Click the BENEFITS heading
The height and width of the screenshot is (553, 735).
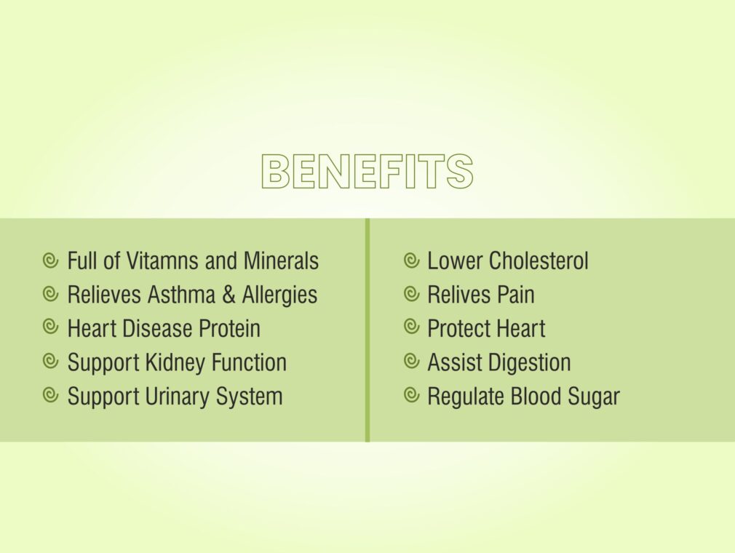[x=367, y=172]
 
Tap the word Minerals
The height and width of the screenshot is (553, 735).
[x=281, y=260]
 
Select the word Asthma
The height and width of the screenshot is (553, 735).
[x=181, y=295]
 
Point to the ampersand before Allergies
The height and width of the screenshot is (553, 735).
[x=229, y=295]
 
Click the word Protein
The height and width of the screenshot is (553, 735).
[x=230, y=328]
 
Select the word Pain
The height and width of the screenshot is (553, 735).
[x=516, y=295]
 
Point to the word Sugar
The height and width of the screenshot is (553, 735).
[x=594, y=397]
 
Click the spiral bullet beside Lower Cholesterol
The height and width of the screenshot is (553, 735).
[x=411, y=260]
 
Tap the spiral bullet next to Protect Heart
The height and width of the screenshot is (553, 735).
[x=411, y=327]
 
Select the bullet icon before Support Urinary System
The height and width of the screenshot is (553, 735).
[x=50, y=395]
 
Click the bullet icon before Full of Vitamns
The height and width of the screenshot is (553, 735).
[x=50, y=260]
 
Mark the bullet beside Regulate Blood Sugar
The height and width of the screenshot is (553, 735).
[x=411, y=395]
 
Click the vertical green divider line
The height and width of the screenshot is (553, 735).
[x=367, y=330]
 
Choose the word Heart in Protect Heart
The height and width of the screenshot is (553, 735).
[x=523, y=328]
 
